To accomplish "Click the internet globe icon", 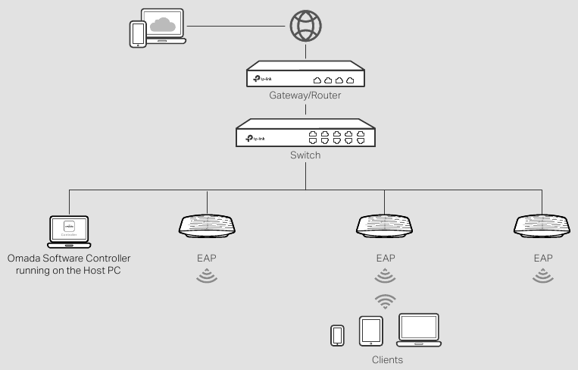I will pos(305,27).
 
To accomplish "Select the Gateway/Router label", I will pos(305,96).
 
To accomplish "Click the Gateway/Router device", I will pos(305,77).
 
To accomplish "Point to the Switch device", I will pos(305,136).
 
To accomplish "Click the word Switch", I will pos(305,155).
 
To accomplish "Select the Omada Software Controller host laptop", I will pos(69,230).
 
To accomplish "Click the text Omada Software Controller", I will pos(69,258).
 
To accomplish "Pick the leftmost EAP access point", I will pos(206,226).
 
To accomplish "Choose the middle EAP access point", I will pos(384,226).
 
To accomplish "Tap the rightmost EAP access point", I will pos(542,226).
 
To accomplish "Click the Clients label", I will pos(387,359).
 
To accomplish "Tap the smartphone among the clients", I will pos(338,335).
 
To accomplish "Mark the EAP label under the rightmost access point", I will pos(542,258).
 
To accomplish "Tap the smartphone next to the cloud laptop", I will pos(138,34).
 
